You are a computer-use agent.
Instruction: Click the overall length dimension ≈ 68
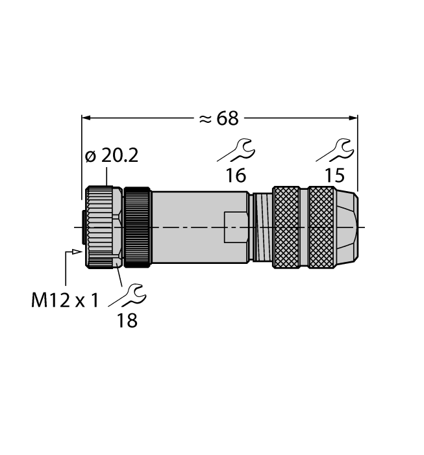point(219,118)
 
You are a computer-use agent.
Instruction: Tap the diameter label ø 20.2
point(112,156)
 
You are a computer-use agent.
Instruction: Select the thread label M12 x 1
point(65,300)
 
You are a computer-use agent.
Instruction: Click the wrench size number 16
point(236,175)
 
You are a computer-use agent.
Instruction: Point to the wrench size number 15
point(335,175)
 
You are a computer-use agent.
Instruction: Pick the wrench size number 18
point(127,320)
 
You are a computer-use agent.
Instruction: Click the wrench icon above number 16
point(236,150)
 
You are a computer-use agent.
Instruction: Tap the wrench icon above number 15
point(335,150)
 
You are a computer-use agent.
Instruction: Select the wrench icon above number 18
point(127,295)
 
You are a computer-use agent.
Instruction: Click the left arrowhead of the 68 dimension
point(86,118)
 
